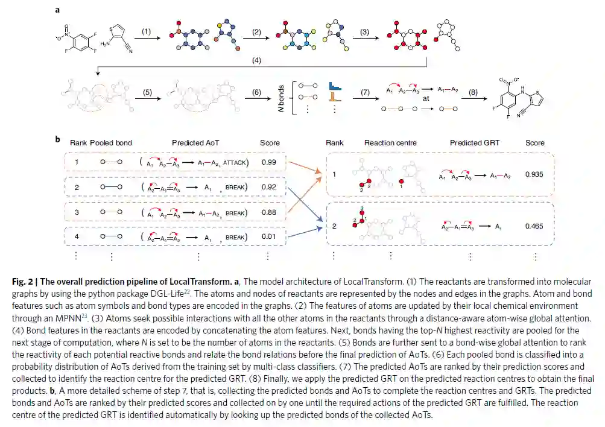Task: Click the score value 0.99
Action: tap(270, 162)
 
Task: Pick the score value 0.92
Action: tap(270, 188)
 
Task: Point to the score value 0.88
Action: tap(270, 212)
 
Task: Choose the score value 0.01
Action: tap(270, 237)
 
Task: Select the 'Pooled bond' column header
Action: tap(111, 143)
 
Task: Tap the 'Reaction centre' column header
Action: tap(390, 143)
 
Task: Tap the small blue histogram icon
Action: tap(335, 90)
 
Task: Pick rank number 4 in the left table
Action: tap(77, 237)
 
